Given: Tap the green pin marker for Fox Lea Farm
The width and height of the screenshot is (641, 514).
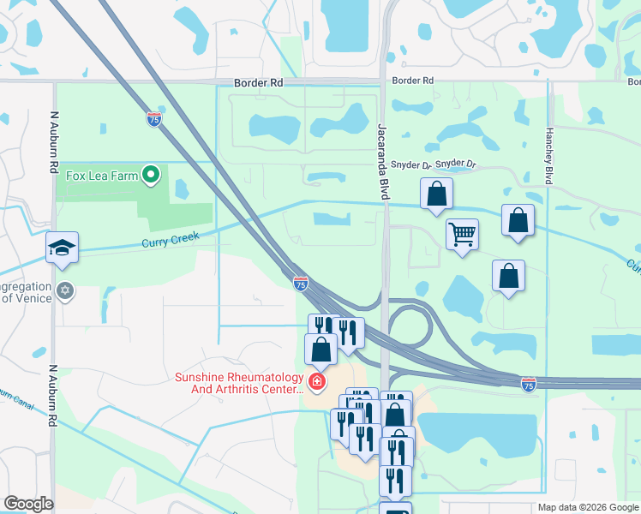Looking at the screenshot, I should click(152, 176).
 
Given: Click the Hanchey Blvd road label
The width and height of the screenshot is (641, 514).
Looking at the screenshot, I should click(548, 157).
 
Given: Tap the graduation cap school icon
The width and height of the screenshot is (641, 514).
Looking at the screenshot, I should click(63, 248).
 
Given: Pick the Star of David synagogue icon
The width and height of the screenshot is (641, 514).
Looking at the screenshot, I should click(65, 291).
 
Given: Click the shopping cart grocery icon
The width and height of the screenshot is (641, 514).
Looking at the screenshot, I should click(462, 233).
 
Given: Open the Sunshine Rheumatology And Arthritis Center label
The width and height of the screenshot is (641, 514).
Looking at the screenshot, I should click(239, 383).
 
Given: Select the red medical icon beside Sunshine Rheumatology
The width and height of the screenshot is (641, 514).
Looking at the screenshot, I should click(317, 381).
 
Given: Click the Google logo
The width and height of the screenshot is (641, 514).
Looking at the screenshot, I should click(28, 504).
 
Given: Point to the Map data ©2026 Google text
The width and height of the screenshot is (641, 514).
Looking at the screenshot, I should click(588, 507).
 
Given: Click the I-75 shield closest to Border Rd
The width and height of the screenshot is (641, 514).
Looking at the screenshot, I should click(154, 119).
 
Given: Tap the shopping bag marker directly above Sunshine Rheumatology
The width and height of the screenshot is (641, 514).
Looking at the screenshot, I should click(320, 349).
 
